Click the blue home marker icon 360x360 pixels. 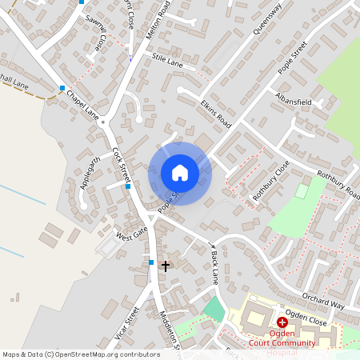179,173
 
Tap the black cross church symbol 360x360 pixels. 166,265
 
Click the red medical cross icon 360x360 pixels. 282,321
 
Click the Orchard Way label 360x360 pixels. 324,299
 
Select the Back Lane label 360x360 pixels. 214,267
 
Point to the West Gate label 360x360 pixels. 132,234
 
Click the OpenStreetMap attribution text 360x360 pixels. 81,354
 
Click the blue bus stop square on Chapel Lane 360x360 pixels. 62,87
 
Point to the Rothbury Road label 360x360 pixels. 338,185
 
